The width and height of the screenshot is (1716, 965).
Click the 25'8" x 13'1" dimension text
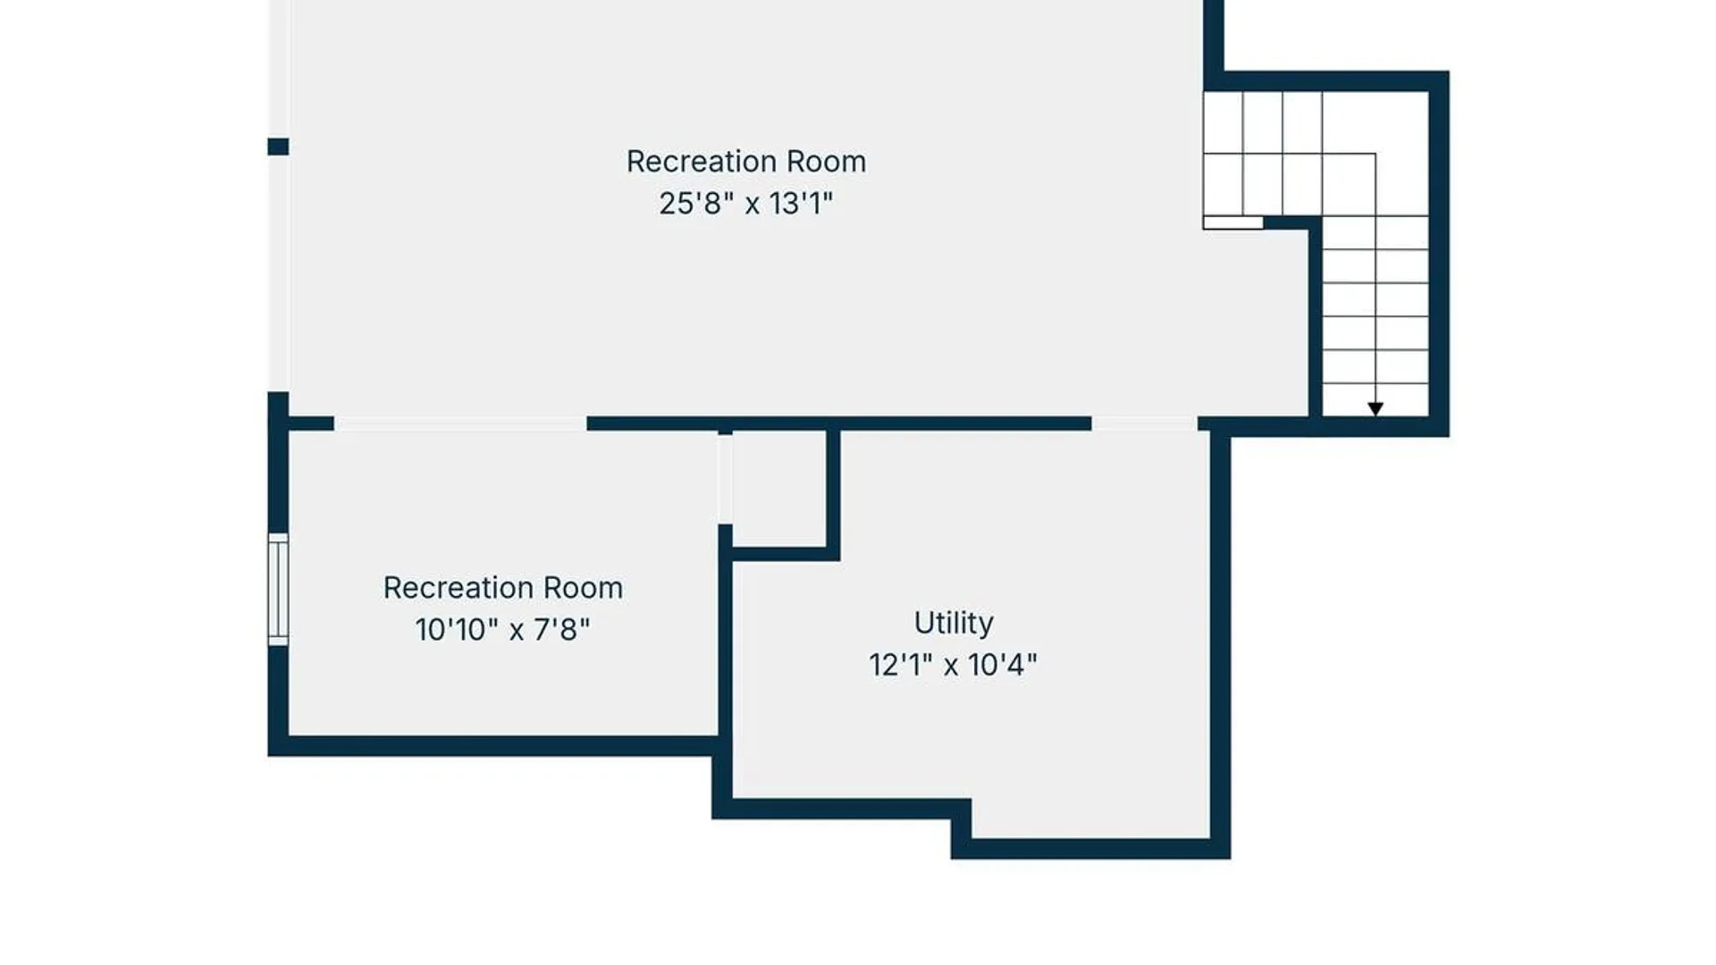(745, 204)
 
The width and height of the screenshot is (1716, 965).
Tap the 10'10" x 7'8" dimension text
(502, 630)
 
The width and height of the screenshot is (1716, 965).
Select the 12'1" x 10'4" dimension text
(953, 665)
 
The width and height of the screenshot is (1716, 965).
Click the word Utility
(953, 623)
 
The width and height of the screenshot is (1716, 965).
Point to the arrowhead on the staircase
(1375, 408)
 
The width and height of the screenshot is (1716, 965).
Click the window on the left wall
(278, 590)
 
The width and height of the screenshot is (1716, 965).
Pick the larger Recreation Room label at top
(745, 162)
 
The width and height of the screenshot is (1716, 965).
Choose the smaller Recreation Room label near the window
(502, 588)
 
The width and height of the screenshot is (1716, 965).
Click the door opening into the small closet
(725, 479)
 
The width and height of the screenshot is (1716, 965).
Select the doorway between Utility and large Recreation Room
(1145, 424)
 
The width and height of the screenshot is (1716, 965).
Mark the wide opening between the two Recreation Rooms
(460, 424)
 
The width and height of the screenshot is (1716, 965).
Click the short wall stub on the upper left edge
(278, 147)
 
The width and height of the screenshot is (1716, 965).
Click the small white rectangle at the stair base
(1232, 222)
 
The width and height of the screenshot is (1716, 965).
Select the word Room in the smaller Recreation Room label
(583, 588)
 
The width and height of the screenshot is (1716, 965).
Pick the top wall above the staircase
(1326, 80)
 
